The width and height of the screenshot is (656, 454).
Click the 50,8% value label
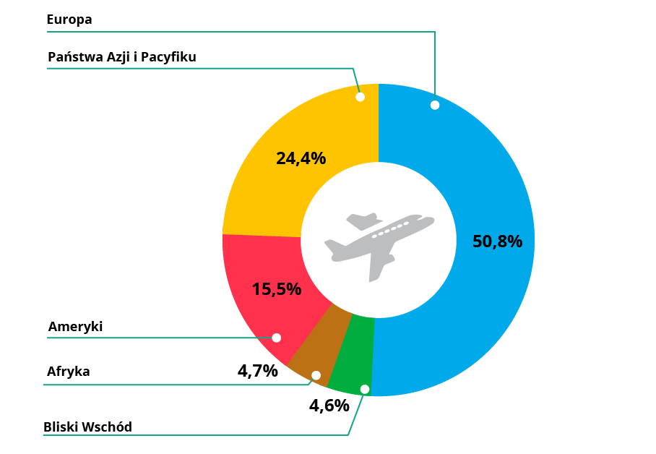tap(497, 241)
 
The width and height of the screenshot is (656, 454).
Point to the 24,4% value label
tap(301, 158)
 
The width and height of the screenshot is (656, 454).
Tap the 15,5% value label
tap(276, 289)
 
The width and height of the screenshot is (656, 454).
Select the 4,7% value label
tap(257, 372)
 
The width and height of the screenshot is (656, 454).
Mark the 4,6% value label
tap(329, 406)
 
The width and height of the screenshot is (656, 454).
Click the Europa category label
tap(69, 20)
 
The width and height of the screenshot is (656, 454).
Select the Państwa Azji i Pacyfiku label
tap(121, 57)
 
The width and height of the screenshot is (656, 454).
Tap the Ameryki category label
tap(75, 327)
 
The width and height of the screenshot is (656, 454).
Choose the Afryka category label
tap(69, 372)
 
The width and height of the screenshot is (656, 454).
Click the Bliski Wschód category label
tap(87, 427)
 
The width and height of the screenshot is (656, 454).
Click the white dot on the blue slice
tap(435, 105)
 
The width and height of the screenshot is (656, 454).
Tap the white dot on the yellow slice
tap(359, 96)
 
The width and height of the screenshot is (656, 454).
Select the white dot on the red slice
tap(276, 338)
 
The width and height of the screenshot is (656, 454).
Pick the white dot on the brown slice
tap(315, 374)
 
